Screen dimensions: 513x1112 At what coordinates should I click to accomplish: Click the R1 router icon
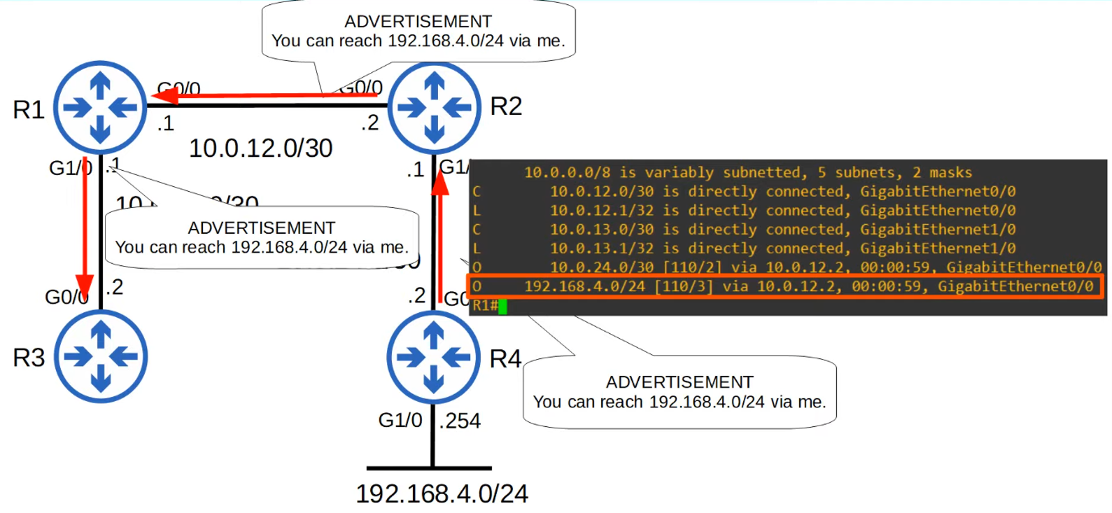[100, 107]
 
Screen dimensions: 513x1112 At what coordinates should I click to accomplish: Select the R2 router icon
[434, 107]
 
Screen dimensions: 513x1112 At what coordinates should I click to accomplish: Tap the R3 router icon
[101, 356]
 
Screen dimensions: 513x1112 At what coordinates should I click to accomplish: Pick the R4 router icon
[433, 357]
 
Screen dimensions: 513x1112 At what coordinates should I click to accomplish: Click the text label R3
[28, 358]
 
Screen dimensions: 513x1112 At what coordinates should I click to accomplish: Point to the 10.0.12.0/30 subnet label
[261, 149]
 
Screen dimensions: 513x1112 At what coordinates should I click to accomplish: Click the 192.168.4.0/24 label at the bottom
[441, 494]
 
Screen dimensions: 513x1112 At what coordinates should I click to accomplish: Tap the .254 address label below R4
[460, 421]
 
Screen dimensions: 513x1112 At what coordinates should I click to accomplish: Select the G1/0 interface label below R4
[400, 420]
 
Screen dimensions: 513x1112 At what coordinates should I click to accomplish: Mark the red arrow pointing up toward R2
[440, 234]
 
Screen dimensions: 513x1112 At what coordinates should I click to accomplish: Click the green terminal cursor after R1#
[503, 306]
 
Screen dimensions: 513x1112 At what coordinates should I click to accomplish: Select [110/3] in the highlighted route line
[683, 287]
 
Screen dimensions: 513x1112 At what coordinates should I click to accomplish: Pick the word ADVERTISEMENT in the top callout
[418, 21]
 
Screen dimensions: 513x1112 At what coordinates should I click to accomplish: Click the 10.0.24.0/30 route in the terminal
[602, 268]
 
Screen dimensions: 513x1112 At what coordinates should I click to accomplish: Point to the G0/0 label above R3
[66, 297]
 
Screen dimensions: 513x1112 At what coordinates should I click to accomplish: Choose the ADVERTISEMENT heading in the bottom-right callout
[679, 382]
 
